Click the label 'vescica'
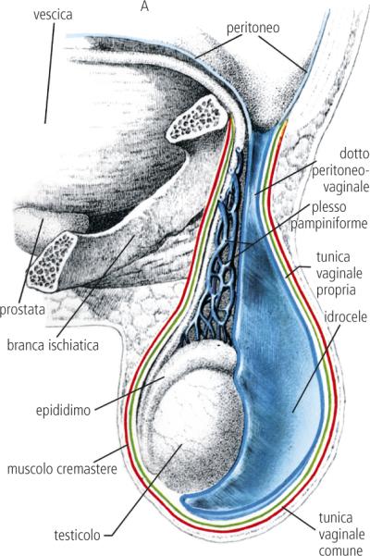53,15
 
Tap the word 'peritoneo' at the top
253,28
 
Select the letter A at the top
144,6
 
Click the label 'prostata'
22,309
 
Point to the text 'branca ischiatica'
53,345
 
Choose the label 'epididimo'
64,410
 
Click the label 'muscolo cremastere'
62,469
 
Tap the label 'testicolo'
78,535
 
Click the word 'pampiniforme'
329,224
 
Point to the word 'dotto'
354,154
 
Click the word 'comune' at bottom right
341,550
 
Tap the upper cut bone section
195,118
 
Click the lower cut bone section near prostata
53,262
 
